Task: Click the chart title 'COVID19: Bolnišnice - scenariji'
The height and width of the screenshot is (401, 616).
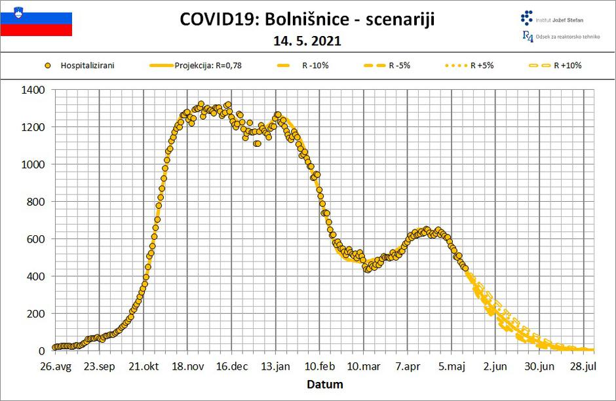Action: tap(307, 20)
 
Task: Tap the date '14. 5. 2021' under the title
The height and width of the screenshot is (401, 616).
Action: tap(307, 41)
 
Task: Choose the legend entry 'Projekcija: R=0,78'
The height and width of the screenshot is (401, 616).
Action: tap(210, 66)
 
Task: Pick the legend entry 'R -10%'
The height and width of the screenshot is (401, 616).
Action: tap(315, 66)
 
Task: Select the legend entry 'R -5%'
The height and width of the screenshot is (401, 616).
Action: tap(399, 66)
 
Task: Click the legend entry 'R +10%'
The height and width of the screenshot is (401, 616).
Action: tap(568, 66)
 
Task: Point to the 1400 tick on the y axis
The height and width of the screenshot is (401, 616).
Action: tap(33, 90)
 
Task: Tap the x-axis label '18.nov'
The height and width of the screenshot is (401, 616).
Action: tap(187, 367)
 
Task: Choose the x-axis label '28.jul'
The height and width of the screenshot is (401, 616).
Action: tap(583, 367)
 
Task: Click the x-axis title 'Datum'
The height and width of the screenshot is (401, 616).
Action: tap(325, 385)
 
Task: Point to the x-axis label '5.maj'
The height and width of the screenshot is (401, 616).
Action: tap(452, 367)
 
